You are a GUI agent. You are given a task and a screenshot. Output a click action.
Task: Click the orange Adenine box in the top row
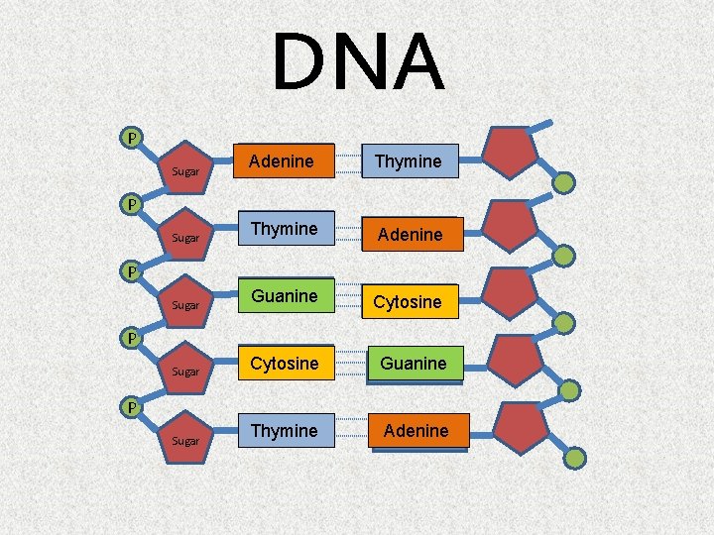pos(282,161)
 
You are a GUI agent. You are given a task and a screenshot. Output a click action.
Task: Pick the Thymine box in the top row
pos(408,161)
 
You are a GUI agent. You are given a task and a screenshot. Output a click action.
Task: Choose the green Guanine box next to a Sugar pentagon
pos(285,296)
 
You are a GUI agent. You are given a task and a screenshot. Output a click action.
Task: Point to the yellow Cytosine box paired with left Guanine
pos(408,301)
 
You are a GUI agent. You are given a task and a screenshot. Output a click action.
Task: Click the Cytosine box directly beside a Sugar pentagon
pos(285,364)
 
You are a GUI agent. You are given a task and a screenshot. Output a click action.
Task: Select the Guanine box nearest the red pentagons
pos(414,364)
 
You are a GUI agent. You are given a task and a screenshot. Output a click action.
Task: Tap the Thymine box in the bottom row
pos(285,431)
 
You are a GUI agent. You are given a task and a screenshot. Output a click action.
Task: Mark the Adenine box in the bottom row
pos(416,431)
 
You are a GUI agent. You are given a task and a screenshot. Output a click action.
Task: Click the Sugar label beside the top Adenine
pos(185,171)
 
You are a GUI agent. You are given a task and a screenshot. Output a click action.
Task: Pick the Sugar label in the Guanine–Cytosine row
pos(185,306)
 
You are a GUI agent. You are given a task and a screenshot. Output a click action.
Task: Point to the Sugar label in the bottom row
pos(185,440)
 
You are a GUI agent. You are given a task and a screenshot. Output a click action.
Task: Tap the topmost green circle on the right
pos(563,183)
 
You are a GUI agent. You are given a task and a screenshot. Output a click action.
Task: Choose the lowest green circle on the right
pos(575,457)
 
